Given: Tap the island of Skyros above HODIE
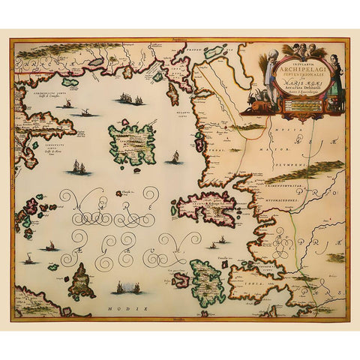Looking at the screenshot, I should click(82, 280).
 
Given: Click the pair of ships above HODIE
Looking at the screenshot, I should click(127, 287).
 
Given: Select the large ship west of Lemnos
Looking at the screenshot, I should click(79, 169).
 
